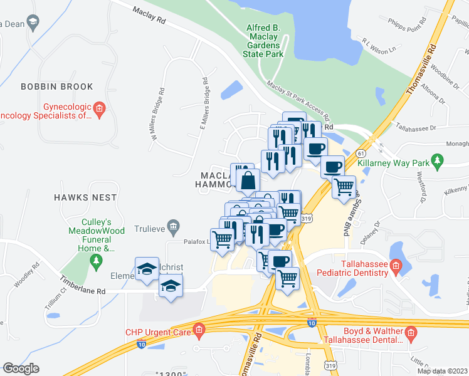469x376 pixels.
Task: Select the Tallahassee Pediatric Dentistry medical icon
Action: [x=396, y=268]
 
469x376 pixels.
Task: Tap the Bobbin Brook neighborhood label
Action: [x=56, y=87]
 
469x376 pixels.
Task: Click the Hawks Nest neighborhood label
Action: [x=85, y=197]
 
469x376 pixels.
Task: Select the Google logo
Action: [x=21, y=368]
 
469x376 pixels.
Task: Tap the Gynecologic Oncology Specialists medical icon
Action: [x=100, y=111]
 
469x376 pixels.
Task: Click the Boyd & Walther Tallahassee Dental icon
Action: [x=411, y=331]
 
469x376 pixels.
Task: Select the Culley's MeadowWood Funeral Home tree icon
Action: [x=96, y=259]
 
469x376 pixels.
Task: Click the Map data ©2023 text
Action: [x=443, y=371]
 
